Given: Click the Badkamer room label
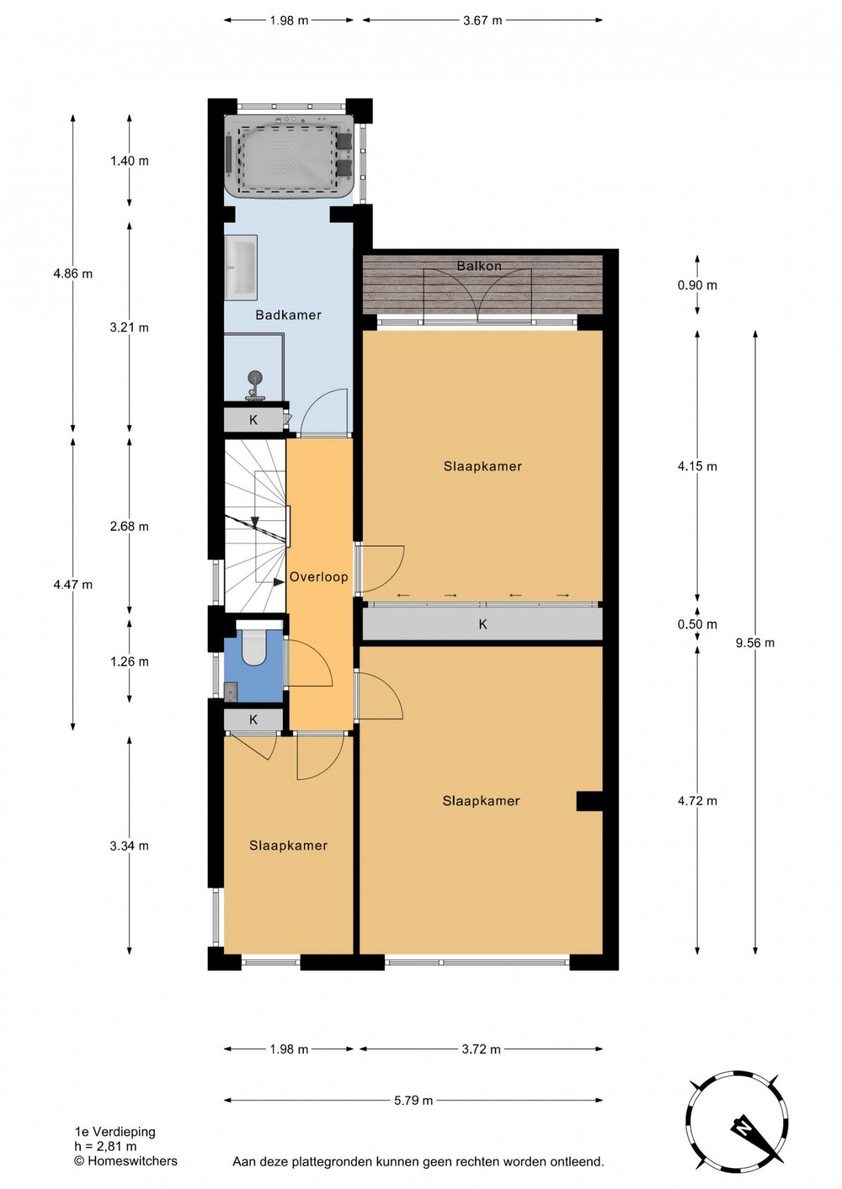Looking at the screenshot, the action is pos(288,315).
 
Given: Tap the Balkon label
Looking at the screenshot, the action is pos(479,266).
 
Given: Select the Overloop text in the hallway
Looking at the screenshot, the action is pos(319,577).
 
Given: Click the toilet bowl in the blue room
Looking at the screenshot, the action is pos(253,644).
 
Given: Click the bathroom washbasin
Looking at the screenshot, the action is pos(241,267).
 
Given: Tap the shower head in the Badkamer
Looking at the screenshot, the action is pos(255,377).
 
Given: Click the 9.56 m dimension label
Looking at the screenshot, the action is pos(755,643).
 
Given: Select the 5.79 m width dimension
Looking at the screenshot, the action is pos(413,1101).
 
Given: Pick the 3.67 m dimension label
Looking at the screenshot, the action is pos(482,21).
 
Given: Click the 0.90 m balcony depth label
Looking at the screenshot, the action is pos(697,285).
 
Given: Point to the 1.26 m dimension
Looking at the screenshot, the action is pos(129,662).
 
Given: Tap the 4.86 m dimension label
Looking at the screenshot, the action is pos(73,274).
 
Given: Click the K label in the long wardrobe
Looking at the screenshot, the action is pos(482,625).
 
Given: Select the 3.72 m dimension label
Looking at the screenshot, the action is pos(481,1049).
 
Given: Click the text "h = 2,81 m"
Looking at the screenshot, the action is pos(106,1146).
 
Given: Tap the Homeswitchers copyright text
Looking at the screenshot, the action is pos(126,1162).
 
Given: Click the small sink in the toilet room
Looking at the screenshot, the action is pos(231,693).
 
